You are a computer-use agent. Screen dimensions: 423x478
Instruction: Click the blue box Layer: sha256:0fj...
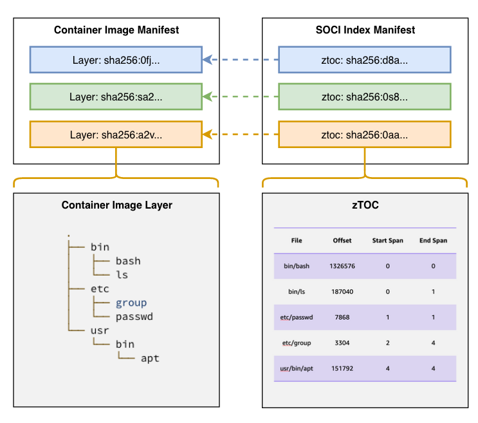click(116, 60)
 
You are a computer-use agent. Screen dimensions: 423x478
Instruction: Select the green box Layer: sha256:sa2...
click(116, 97)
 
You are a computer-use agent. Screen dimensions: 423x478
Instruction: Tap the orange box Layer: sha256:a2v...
click(116, 135)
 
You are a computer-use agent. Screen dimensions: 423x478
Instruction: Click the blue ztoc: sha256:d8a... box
click(365, 60)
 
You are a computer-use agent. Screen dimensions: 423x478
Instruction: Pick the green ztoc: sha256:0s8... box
click(365, 97)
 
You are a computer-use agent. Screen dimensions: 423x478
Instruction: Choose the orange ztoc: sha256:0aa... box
click(365, 135)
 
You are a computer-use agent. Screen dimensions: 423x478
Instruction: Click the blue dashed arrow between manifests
click(241, 60)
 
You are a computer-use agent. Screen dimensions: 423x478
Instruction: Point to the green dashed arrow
click(241, 97)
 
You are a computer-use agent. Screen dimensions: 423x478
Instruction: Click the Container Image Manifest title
click(116, 30)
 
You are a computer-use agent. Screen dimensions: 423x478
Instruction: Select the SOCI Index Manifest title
click(365, 30)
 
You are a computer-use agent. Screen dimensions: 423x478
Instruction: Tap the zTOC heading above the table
click(364, 205)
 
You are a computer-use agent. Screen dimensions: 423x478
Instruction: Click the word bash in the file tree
click(128, 261)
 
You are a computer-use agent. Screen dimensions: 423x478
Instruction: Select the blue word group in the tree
click(131, 303)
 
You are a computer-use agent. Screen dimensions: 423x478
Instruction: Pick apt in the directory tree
click(150, 358)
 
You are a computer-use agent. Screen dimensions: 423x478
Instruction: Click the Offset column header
click(342, 241)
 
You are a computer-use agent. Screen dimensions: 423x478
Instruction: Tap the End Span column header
click(433, 241)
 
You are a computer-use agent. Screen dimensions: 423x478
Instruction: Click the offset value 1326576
click(342, 266)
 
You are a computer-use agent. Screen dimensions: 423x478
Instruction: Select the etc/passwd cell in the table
click(297, 317)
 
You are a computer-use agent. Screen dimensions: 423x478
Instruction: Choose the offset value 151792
click(342, 368)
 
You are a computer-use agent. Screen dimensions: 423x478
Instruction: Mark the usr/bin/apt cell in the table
click(297, 368)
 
